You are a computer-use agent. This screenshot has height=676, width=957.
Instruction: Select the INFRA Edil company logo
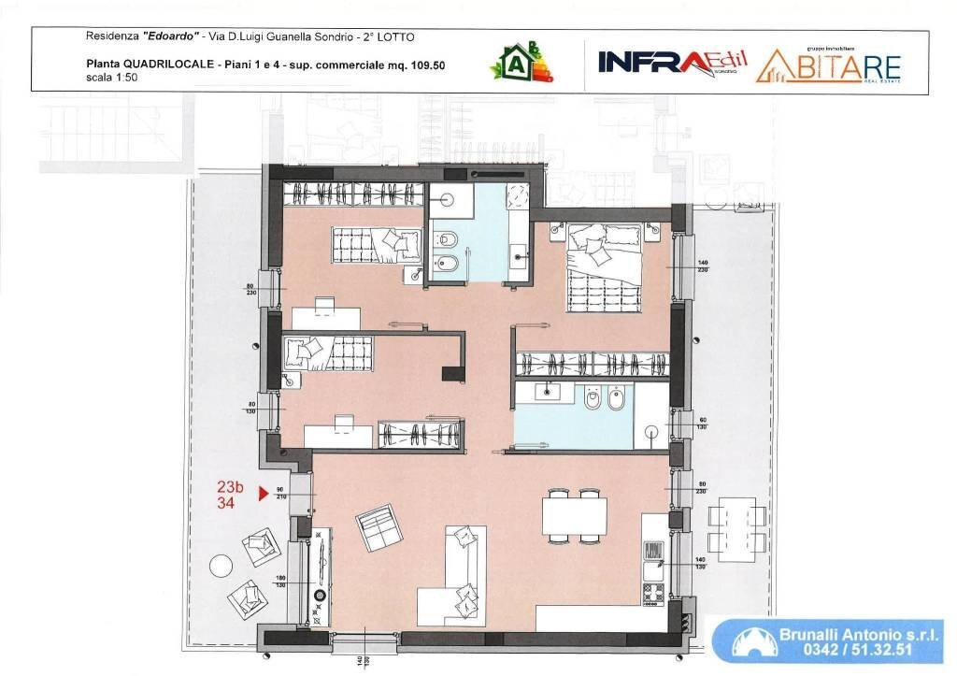coord(672,62)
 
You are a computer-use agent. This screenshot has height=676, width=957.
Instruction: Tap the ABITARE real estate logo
coord(828,65)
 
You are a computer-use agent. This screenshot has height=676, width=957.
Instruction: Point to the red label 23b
coord(230,487)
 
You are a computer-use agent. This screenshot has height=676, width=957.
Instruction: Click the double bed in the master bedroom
coord(603,265)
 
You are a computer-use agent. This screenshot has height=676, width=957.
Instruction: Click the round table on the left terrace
coord(221,567)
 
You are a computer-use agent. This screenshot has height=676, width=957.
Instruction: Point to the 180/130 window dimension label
coord(279,583)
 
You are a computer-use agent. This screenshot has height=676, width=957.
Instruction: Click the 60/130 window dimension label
coord(703,424)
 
